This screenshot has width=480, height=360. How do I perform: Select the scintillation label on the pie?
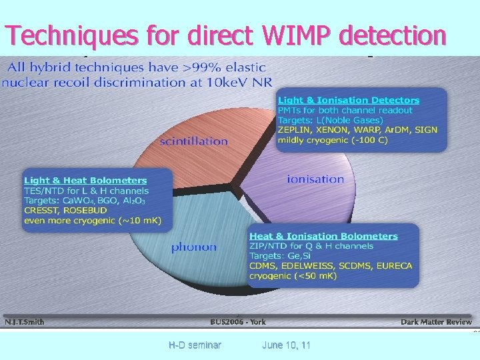tap(193, 141)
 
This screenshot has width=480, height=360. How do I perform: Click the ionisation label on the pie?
tap(315, 179)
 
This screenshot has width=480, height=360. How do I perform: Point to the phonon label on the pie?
tap(193, 247)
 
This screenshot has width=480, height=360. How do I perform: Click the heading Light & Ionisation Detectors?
tap(349, 100)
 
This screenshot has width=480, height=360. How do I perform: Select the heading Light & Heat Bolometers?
tap(85, 180)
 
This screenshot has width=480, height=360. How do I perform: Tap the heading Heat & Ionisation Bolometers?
tap(323, 236)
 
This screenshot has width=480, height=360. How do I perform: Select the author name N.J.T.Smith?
tap(25, 322)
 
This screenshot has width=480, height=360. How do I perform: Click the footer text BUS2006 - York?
tap(237, 322)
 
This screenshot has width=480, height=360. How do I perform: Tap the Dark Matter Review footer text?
tap(436, 322)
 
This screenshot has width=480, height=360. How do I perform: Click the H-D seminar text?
tap(195, 345)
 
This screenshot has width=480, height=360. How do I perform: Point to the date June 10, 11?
tap(286, 345)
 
